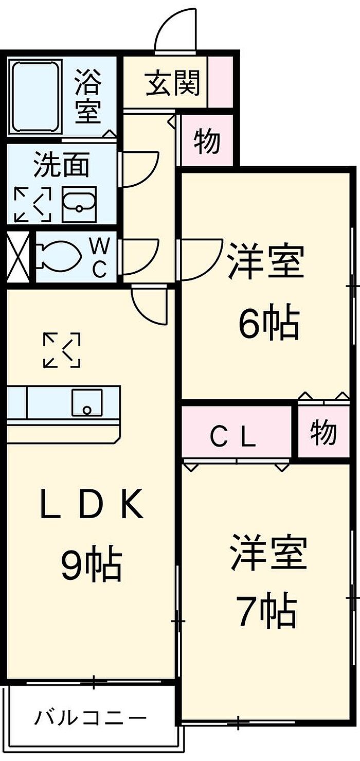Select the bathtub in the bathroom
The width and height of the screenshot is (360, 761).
coord(37,97)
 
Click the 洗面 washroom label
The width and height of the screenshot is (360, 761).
coord(62,165)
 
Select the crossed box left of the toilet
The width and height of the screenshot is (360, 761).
coord(19,257)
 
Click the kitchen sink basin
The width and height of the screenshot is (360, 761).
coord(87,402)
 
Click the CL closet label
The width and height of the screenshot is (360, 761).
coord(233,437)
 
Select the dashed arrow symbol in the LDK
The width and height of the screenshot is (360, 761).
coord(62,350)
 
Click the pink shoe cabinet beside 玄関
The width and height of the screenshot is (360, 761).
coord(221,82)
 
